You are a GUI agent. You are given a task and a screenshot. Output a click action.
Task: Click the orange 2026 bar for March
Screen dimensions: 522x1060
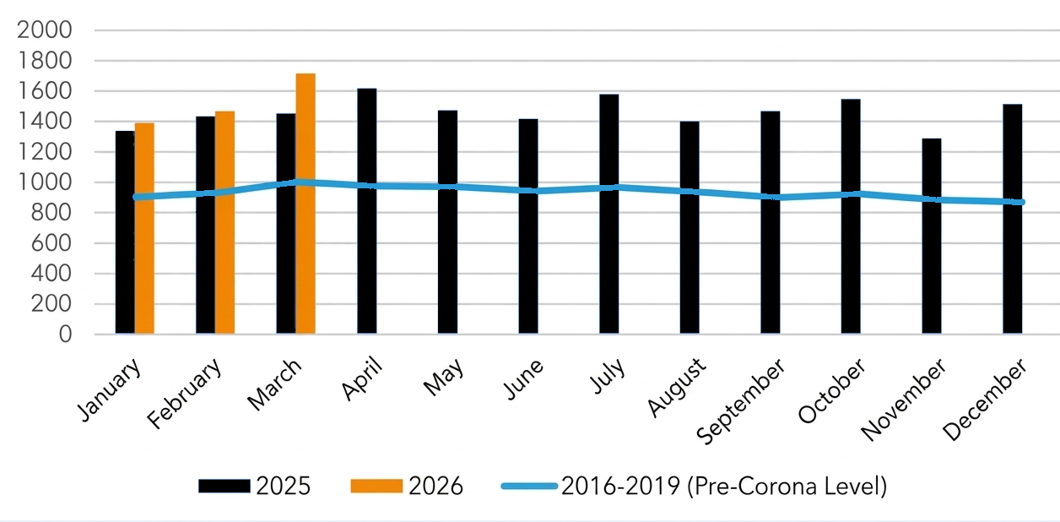[x=306, y=204]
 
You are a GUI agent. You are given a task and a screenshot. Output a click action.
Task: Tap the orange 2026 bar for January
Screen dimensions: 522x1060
[x=144, y=228]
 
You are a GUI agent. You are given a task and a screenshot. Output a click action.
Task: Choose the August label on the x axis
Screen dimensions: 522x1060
[x=677, y=388]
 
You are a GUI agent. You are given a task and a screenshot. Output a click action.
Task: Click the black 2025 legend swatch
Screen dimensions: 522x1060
[x=224, y=487]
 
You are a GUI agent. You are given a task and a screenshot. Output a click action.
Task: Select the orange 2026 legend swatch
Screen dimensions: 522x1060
[x=376, y=487]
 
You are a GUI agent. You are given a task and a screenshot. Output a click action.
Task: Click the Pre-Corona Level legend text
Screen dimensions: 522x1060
[x=723, y=487]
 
